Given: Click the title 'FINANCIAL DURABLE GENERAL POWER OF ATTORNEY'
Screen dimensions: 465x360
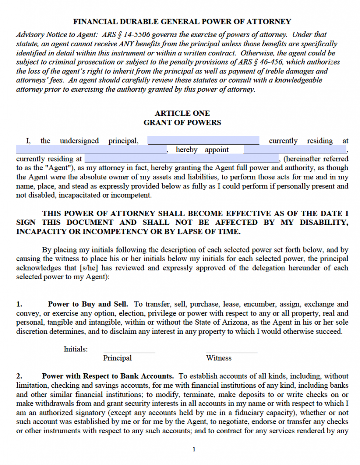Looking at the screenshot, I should click(x=182, y=21).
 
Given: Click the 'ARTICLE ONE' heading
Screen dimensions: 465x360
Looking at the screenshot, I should click(x=182, y=114).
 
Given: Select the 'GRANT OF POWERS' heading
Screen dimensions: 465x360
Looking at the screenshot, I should click(x=182, y=123).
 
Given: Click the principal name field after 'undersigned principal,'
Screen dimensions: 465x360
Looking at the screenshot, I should click(x=203, y=141).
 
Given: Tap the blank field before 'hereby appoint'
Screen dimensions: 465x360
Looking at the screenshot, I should click(x=91, y=150).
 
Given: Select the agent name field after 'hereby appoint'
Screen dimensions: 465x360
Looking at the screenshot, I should click(x=295, y=150).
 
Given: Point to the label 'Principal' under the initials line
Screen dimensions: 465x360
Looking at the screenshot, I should click(x=117, y=358).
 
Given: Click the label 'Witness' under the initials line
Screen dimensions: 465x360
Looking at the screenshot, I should click(x=219, y=358).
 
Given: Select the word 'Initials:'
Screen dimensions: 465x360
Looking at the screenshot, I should click(x=75, y=349).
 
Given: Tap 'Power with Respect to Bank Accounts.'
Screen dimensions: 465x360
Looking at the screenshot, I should click(x=108, y=376).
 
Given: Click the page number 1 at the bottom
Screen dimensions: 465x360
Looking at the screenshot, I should click(x=194, y=450).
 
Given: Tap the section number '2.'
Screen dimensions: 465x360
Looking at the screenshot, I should click(x=20, y=376).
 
